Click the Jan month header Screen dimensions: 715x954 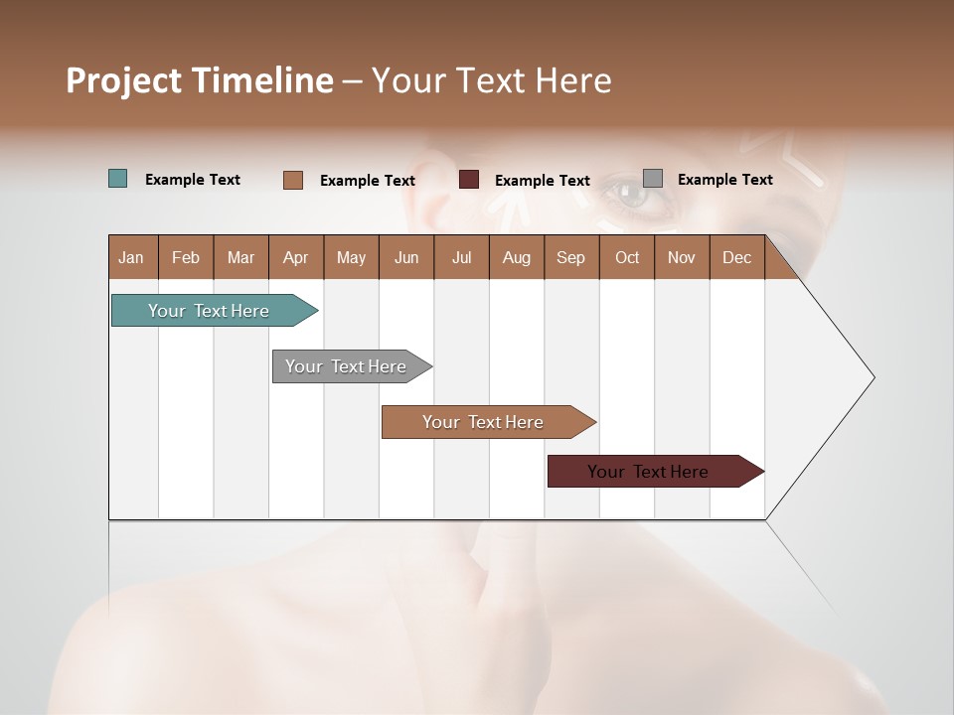pos(131,257)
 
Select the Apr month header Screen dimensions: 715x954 pos(295,257)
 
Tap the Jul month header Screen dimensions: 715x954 pos(461,257)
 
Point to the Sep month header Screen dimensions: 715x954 pos(570,257)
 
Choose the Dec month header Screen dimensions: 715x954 pos(736,257)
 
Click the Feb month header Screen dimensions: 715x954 pos(186,257)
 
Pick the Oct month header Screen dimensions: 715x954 pos(627,257)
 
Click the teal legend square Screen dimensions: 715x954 pos(118,179)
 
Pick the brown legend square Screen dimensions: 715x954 pos(293,180)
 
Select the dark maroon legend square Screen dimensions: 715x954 pos(469,180)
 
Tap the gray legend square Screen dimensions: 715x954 pos(653,179)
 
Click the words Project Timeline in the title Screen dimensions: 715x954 pos(200,80)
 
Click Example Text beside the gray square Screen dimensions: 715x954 pos(724,180)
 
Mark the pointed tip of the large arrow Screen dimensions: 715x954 pos(873,376)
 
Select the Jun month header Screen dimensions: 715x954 pos(406,257)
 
